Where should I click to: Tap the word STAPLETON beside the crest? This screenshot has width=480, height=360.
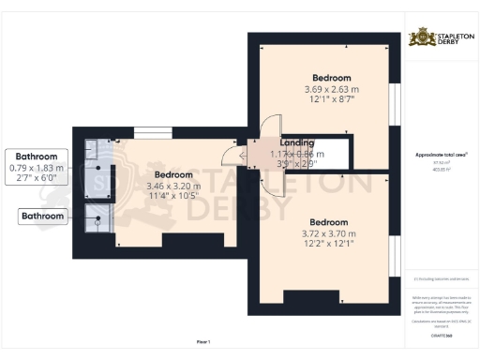(x=448, y=35)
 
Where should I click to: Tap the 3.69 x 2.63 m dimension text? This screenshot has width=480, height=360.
(x=331, y=89)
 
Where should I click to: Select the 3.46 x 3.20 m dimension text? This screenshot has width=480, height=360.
(x=173, y=186)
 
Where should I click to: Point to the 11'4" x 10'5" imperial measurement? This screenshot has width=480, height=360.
(x=173, y=196)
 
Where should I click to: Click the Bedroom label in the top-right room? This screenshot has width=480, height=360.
(x=331, y=78)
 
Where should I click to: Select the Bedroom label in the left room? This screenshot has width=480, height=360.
(x=173, y=174)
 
